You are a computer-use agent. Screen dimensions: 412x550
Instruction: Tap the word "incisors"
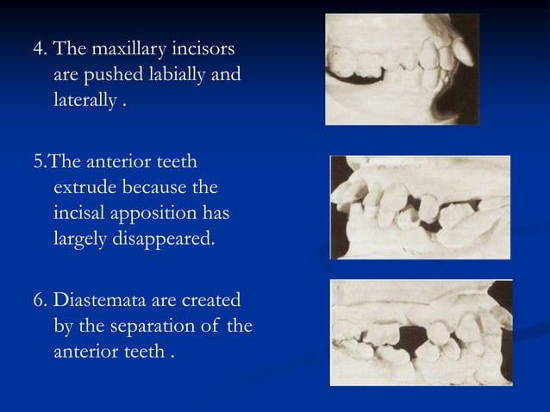209,46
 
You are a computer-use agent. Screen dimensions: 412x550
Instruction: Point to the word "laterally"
84,105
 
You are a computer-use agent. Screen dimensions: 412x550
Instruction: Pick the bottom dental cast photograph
421,331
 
